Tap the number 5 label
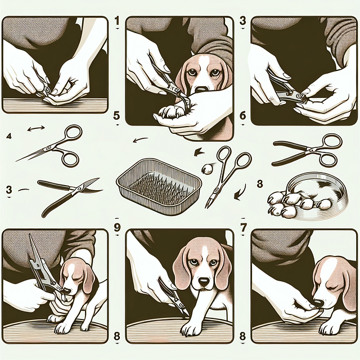[x=116, y=116]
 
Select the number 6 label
[x=243, y=116]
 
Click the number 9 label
[x=116, y=228]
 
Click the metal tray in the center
[x=159, y=184]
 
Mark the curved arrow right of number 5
[x=139, y=141]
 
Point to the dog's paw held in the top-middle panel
[x=172, y=111]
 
